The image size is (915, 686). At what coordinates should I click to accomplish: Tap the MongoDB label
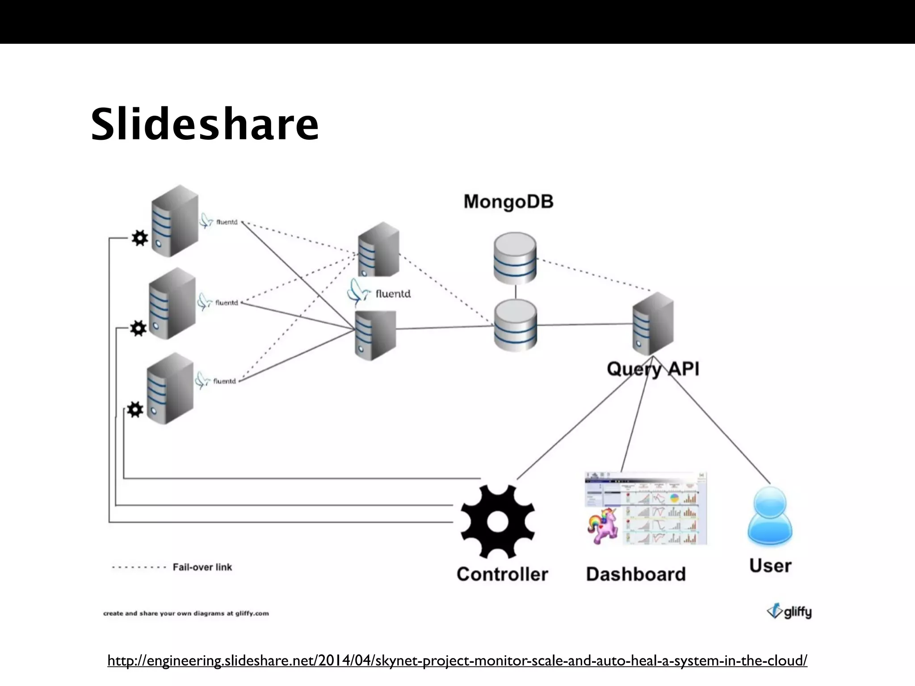coord(508,201)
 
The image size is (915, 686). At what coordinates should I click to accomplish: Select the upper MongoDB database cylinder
coord(515,258)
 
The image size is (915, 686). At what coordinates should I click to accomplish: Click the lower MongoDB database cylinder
coord(515,325)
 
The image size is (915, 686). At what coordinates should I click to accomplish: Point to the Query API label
coord(653,369)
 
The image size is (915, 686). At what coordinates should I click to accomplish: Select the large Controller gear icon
coord(498,522)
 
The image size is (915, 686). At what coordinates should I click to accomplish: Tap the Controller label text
coord(502,574)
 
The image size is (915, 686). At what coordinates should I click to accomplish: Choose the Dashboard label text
coord(636,574)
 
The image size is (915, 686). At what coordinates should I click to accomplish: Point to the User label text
coord(770,566)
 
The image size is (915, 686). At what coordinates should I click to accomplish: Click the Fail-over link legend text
coord(202,567)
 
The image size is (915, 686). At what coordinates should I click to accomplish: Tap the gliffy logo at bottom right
coord(789,611)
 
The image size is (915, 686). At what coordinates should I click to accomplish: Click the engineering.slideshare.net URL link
coord(457,660)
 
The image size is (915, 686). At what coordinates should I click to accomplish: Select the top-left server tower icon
coord(175,221)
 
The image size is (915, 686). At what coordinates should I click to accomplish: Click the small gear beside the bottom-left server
coord(135,410)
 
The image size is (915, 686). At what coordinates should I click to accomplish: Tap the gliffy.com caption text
coord(186,613)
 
